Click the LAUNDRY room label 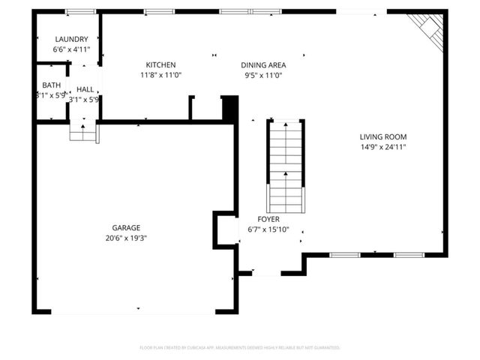pyautogui.click(x=71, y=39)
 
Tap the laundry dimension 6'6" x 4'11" pyautogui.click(x=71, y=49)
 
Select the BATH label pyautogui.click(x=51, y=85)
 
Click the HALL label pyautogui.click(x=85, y=89)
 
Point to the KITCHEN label pyautogui.click(x=160, y=64)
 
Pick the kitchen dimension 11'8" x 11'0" pyautogui.click(x=160, y=75)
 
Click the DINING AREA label pyautogui.click(x=263, y=64)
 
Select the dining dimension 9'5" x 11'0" pyautogui.click(x=263, y=75)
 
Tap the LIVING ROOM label pyautogui.click(x=382, y=136)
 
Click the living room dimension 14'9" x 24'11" pyautogui.click(x=382, y=147)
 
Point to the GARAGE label pyautogui.click(x=126, y=227)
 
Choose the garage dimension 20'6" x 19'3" pyautogui.click(x=126, y=238)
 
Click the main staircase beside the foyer pyautogui.click(x=286, y=165)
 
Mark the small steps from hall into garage pyautogui.click(x=83, y=132)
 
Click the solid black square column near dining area pyautogui.click(x=229, y=109)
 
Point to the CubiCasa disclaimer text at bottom pyautogui.click(x=240, y=348)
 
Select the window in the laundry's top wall pyautogui.click(x=80, y=12)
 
